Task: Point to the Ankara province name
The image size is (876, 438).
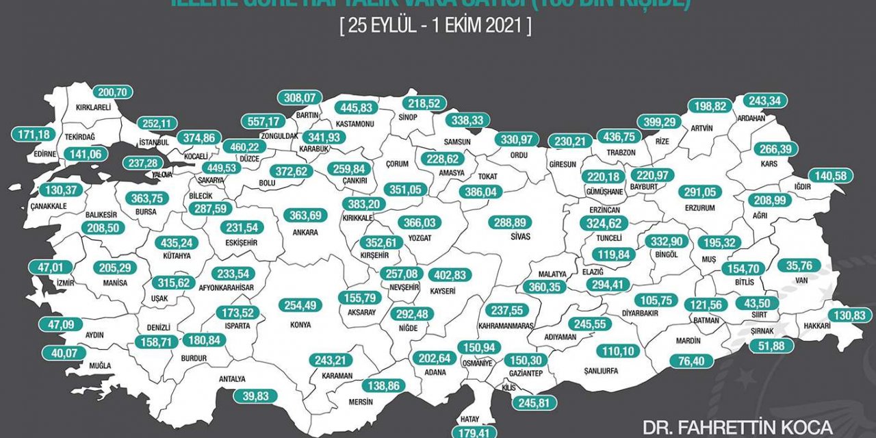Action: point(305,233)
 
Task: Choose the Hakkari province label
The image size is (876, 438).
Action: point(817,326)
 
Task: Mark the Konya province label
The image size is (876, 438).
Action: point(300,324)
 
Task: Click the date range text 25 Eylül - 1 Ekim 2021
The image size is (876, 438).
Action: point(435,27)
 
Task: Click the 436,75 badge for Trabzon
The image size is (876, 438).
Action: point(618,136)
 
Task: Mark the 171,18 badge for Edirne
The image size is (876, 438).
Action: point(32,135)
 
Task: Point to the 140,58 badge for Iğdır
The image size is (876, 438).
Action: point(831,177)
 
